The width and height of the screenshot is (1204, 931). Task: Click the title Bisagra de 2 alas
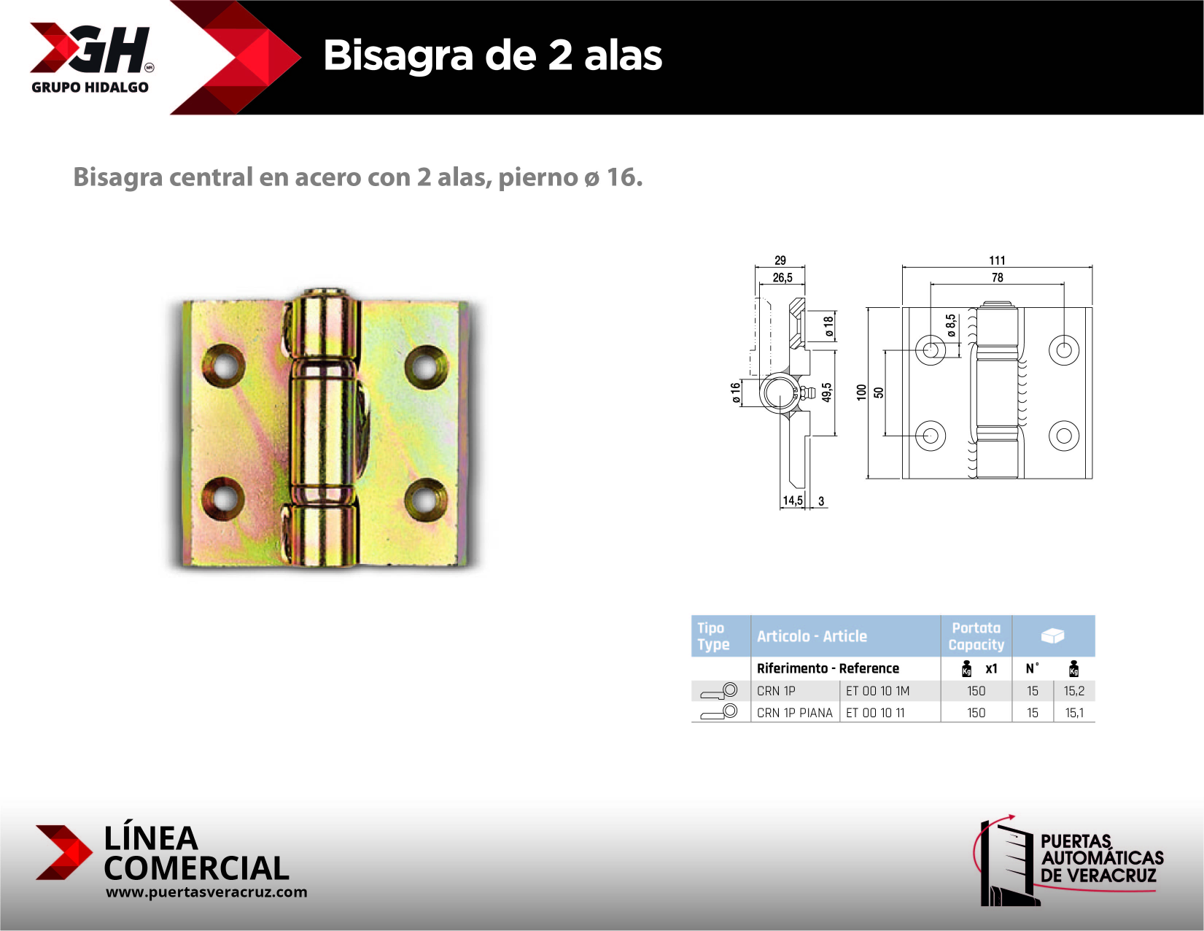(x=492, y=55)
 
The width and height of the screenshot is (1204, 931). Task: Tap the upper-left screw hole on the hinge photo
(x=223, y=364)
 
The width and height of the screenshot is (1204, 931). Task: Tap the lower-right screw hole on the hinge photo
(x=426, y=500)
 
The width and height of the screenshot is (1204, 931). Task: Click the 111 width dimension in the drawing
(x=997, y=260)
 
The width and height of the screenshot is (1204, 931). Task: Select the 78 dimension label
(x=997, y=278)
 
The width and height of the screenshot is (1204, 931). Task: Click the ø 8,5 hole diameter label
(x=951, y=325)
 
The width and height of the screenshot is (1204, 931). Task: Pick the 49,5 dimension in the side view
(x=827, y=393)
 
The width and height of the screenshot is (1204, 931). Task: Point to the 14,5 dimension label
(x=792, y=501)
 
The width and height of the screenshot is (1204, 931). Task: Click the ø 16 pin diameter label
(x=736, y=392)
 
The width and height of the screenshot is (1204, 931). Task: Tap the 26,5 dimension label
(x=782, y=278)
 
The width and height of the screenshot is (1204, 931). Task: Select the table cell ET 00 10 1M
(x=877, y=691)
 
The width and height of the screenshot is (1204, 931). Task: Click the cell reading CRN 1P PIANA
(x=794, y=713)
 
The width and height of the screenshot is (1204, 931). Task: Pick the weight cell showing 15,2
(x=1073, y=691)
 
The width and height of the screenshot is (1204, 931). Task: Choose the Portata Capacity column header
(x=976, y=636)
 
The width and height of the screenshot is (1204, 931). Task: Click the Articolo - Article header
(x=812, y=636)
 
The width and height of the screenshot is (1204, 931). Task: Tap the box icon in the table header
(x=1052, y=636)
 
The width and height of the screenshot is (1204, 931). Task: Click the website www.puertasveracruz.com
(x=206, y=892)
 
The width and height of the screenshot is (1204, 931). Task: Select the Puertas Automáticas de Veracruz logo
(x=1071, y=861)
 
